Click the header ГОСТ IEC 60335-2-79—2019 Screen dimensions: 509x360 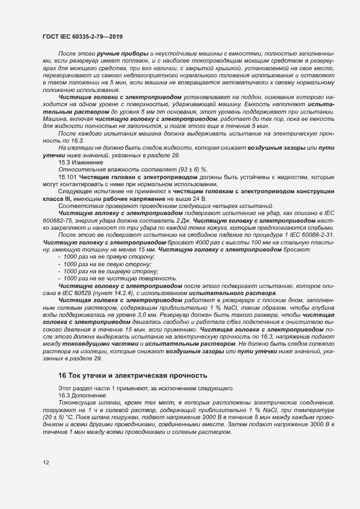(82, 36)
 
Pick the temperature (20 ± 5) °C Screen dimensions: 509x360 (60, 416)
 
